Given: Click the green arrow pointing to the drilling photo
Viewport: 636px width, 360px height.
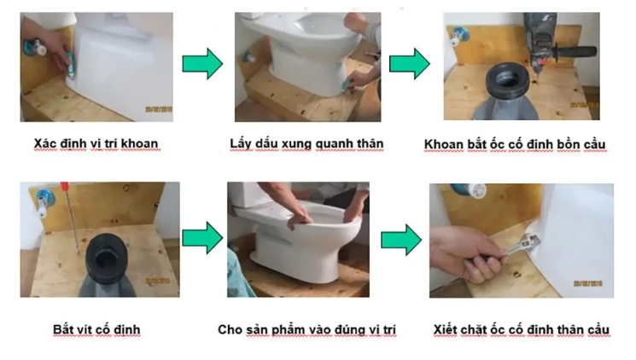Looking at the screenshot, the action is click(409, 64).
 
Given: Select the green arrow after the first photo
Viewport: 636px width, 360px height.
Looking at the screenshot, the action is click(202, 64).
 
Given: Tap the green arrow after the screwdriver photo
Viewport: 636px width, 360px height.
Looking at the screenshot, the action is click(202, 237).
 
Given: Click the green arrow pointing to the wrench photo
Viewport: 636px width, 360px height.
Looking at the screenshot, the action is click(401, 240).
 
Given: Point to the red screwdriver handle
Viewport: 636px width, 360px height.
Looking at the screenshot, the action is click(64, 188).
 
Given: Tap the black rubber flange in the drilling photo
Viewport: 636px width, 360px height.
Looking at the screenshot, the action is click(507, 80).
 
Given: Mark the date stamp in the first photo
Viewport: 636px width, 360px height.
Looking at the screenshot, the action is click(159, 109).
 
